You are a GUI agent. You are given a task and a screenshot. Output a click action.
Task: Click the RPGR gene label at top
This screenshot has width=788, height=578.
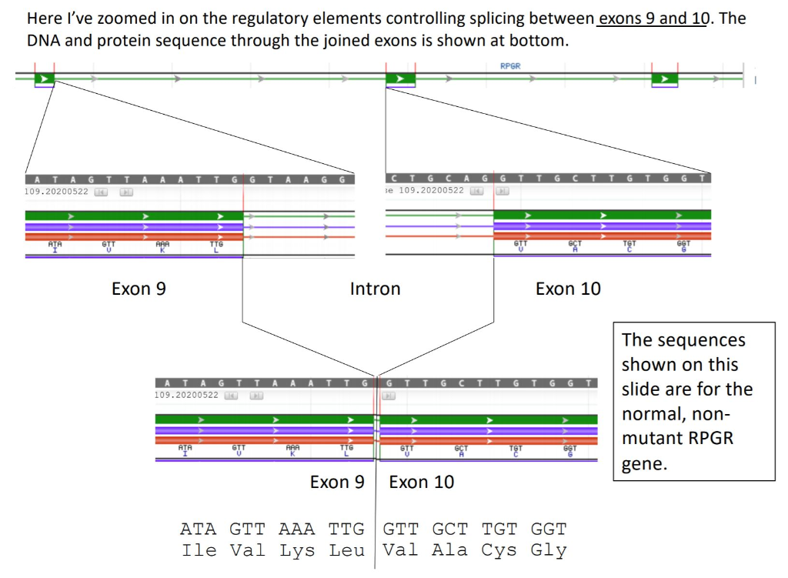[x=510, y=66]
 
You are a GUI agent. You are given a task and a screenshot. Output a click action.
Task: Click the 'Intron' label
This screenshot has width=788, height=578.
[x=375, y=289]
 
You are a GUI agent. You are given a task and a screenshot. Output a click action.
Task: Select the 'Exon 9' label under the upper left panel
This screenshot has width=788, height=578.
[x=139, y=289]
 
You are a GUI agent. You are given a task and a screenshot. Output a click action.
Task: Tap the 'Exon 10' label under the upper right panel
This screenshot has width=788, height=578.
[x=568, y=289]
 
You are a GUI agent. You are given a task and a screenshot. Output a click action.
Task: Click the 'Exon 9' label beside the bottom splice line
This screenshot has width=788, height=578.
[x=337, y=483]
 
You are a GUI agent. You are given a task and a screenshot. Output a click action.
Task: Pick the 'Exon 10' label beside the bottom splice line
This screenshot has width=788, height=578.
[x=422, y=483]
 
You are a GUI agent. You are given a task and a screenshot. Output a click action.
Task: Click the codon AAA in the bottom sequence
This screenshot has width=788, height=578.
[x=296, y=530]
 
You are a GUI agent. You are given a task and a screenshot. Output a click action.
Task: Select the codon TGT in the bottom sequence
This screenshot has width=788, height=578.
[x=499, y=530]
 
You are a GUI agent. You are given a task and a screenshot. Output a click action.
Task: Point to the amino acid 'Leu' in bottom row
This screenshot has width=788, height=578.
[x=346, y=550]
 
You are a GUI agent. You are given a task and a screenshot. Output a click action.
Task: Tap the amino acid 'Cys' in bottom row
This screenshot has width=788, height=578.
[x=499, y=550]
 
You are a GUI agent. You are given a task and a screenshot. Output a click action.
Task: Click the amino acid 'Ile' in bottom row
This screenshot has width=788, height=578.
[x=199, y=550]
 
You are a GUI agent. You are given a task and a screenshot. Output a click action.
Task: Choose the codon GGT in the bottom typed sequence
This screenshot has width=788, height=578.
[x=549, y=530]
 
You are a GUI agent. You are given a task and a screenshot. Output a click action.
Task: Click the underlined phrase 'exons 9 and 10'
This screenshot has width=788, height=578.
[x=652, y=18]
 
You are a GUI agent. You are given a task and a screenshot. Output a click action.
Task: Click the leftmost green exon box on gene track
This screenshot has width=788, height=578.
[x=44, y=79]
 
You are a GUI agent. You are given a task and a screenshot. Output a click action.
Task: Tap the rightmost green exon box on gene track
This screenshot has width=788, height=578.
[x=664, y=79]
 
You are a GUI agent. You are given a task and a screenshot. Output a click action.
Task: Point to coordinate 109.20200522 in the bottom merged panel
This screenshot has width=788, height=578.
[x=186, y=395]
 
